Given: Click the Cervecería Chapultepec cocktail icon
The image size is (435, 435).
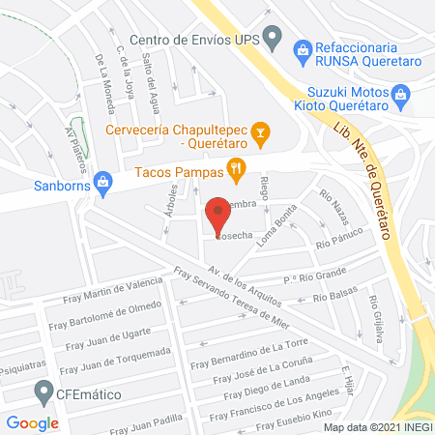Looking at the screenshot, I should click(x=259, y=131).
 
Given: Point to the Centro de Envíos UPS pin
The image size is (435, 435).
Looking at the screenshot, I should click(x=273, y=40).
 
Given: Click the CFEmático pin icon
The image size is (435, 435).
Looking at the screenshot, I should click(x=43, y=391).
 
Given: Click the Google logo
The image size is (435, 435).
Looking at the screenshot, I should click(x=32, y=422).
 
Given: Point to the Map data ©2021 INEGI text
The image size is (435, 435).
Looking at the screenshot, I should click(x=377, y=426).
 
